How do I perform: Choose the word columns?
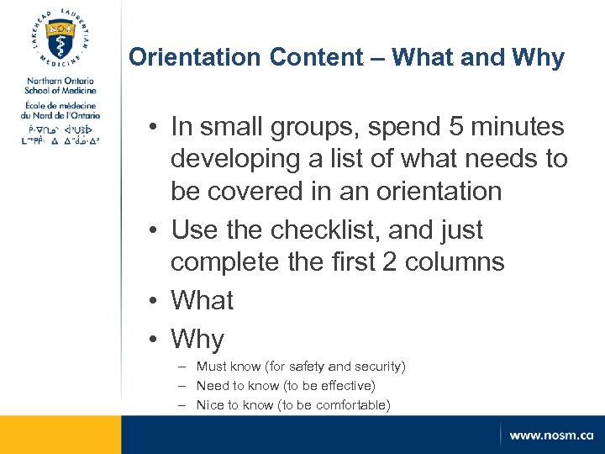pyautogui.click(x=455, y=261)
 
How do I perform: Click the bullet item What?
pyautogui.click(x=202, y=300)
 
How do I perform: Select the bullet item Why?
pyautogui.click(x=197, y=339)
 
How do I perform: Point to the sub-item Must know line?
pyautogui.click(x=300, y=367)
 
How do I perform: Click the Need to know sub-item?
pyautogui.click(x=285, y=386)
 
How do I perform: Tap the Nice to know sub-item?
pyautogui.click(x=292, y=405)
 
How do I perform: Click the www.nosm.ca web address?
pyautogui.click(x=550, y=436)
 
